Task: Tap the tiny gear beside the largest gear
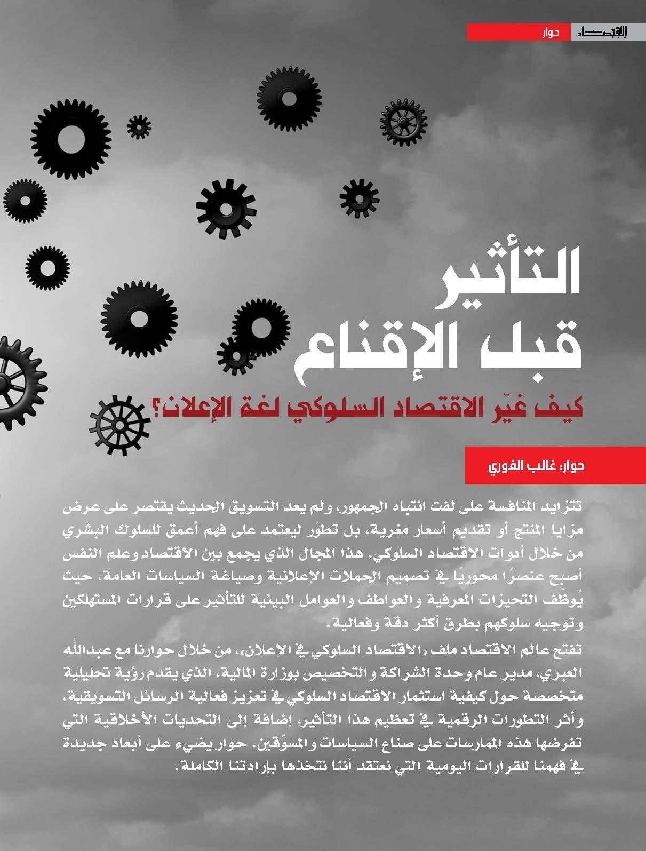[139, 126]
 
